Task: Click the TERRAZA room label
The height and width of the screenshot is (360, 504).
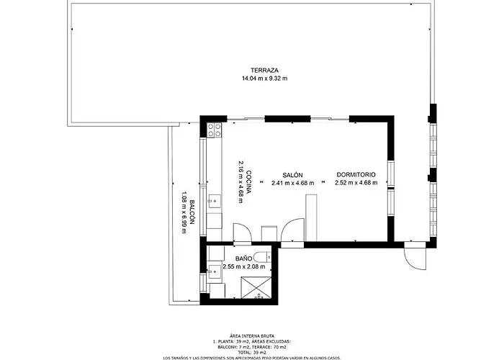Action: pyautogui.click(x=264, y=70)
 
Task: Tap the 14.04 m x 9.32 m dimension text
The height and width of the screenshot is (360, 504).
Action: pyautogui.click(x=264, y=78)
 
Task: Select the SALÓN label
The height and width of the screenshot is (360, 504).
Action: pyautogui.click(x=292, y=175)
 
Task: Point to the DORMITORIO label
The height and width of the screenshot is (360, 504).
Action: pyautogui.click(x=356, y=175)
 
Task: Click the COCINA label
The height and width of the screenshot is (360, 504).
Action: pyautogui.click(x=248, y=182)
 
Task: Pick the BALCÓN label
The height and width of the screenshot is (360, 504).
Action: pyautogui.click(x=192, y=212)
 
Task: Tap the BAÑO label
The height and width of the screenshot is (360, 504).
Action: pyautogui.click(x=243, y=258)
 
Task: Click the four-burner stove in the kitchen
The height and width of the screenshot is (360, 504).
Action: pyautogui.click(x=215, y=130)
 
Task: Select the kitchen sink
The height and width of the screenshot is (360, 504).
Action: pyautogui.click(x=215, y=202)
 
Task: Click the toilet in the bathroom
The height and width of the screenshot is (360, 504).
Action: pyautogui.click(x=262, y=257)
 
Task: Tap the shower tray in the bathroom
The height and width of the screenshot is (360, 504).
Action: pyautogui.click(x=256, y=288)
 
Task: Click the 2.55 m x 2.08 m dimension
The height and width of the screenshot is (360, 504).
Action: pyautogui.click(x=244, y=266)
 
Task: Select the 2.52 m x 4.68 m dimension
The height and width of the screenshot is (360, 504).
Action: pyautogui.click(x=356, y=183)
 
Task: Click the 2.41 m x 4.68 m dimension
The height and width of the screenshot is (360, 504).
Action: pyautogui.click(x=292, y=183)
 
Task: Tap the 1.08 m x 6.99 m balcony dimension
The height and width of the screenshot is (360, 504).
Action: pyautogui.click(x=184, y=212)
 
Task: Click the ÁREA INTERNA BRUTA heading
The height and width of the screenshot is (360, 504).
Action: pyautogui.click(x=252, y=336)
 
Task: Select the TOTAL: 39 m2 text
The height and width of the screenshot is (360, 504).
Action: pyautogui.click(x=252, y=352)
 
